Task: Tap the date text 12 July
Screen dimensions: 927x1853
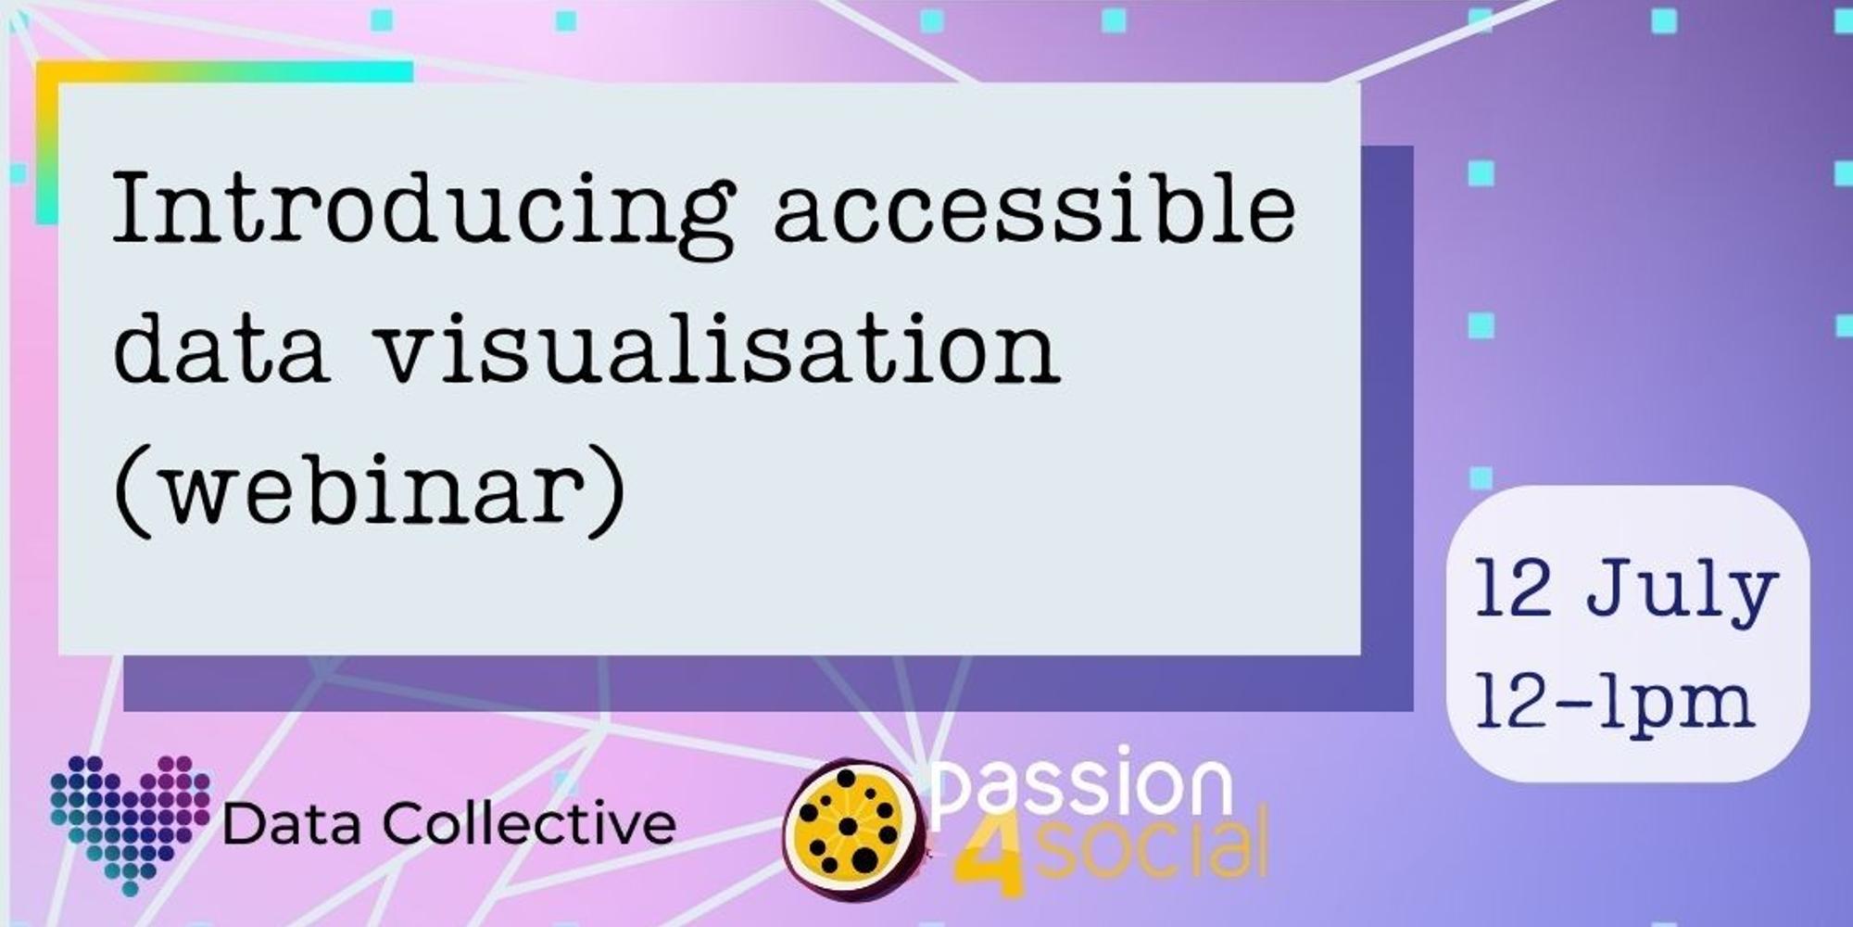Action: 1626,590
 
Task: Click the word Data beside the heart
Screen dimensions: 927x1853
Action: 292,823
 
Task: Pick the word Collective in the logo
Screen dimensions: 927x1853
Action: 529,822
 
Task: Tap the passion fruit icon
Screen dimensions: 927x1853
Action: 851,830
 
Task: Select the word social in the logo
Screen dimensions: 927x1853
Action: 1150,848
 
